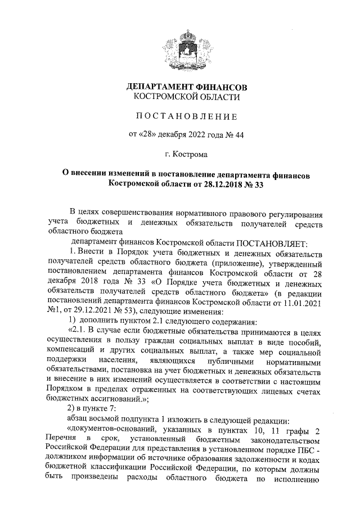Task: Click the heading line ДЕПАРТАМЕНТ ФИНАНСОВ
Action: (185, 88)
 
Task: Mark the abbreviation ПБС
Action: (306, 454)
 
